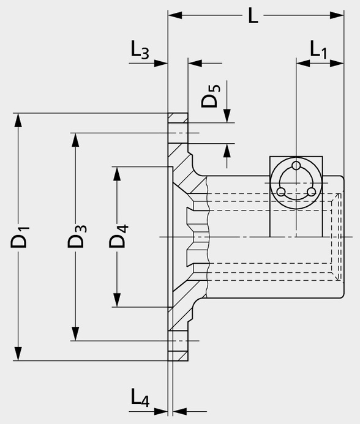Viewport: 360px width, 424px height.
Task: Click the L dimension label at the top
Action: [x=253, y=15]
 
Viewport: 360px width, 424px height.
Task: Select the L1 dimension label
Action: [x=318, y=50]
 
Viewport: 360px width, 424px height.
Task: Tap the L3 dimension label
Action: [x=140, y=50]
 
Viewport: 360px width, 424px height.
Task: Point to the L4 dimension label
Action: [x=140, y=398]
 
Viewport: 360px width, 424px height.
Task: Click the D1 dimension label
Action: [x=20, y=237]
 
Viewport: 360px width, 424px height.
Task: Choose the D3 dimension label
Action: [x=77, y=236]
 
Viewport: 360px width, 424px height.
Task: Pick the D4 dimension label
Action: [x=118, y=236]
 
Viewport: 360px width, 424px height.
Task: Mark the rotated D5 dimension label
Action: [x=211, y=96]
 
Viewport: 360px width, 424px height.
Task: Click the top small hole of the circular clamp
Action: [x=296, y=165]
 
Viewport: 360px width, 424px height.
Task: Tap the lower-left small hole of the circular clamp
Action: [x=281, y=192]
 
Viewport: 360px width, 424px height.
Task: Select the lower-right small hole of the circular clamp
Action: [x=312, y=192]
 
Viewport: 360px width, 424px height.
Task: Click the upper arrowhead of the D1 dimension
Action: [x=18, y=120]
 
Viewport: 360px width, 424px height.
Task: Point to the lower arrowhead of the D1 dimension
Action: [x=18, y=354]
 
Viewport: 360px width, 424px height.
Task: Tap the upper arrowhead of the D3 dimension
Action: [x=75, y=140]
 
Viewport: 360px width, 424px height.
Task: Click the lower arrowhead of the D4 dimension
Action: [x=117, y=300]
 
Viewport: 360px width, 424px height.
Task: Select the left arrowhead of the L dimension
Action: [x=175, y=15]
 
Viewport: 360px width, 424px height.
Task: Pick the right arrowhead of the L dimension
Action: [x=337, y=15]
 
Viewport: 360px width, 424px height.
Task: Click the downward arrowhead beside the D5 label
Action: [x=227, y=116]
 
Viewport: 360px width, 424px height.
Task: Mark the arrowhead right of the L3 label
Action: [x=161, y=63]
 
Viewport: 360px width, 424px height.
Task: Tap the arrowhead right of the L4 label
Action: [x=180, y=412]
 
